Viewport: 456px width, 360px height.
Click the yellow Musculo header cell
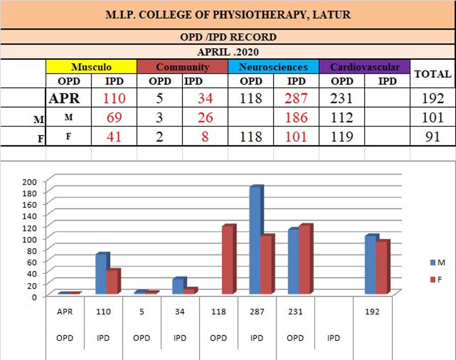click(91, 67)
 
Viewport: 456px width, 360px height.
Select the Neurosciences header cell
click(273, 67)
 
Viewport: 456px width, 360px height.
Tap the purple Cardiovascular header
click(365, 67)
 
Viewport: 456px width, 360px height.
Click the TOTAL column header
click(433, 74)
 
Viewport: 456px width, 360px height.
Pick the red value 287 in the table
click(296, 98)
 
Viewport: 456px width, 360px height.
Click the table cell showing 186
click(296, 118)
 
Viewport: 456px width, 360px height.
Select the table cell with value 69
click(115, 118)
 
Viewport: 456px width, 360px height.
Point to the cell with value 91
click(433, 137)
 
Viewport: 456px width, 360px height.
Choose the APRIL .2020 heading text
click(227, 50)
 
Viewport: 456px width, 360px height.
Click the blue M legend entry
click(438, 262)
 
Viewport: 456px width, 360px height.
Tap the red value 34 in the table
click(205, 98)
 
